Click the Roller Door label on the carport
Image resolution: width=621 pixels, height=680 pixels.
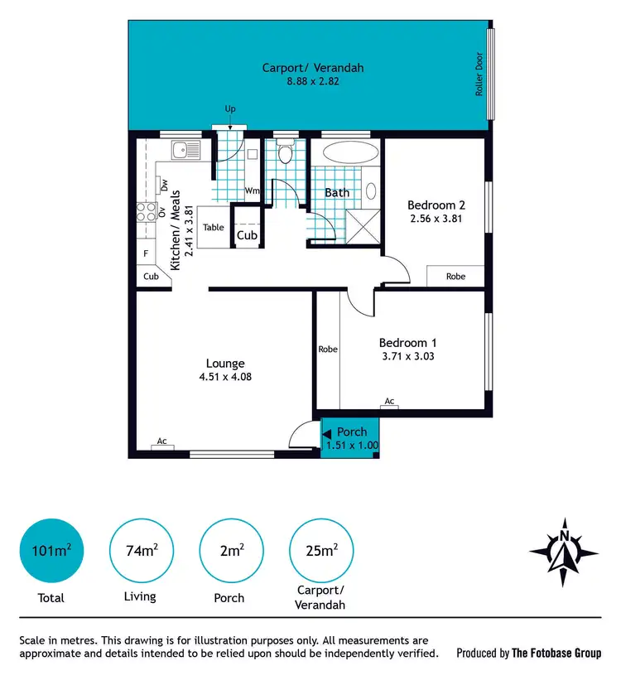[x=479, y=75]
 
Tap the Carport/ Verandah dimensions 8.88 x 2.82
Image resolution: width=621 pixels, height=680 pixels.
[x=313, y=81]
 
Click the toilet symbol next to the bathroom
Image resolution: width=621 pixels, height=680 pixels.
[x=286, y=153]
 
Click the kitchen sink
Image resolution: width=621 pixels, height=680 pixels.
[x=185, y=151]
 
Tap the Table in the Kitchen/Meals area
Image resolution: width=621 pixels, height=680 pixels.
[x=214, y=227]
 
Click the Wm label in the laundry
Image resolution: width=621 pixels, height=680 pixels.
[x=252, y=191]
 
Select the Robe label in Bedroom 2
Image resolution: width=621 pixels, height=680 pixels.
[x=455, y=277]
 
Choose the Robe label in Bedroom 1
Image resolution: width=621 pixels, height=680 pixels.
[x=328, y=350]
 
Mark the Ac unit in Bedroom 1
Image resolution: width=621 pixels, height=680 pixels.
[x=389, y=403]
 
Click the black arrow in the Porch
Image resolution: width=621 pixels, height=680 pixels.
[x=327, y=432]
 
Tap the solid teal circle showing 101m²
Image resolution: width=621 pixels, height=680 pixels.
[x=51, y=550]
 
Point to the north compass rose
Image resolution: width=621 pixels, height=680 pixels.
[x=564, y=552]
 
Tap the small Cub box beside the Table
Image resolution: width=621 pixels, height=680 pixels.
[x=247, y=235]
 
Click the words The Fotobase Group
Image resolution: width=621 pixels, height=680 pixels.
[x=556, y=653]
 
